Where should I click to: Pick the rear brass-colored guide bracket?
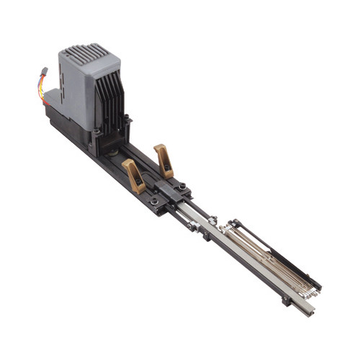(163, 159)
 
